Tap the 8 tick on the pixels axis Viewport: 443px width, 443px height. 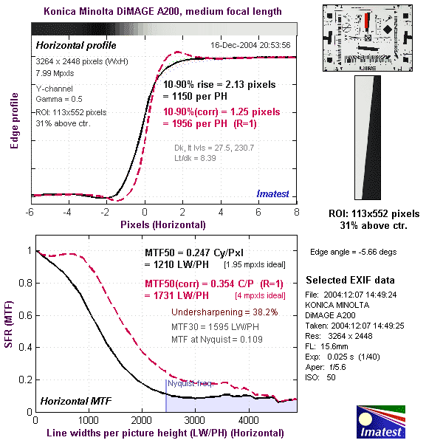tap(297, 212)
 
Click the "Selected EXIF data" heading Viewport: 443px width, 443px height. tap(350, 281)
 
